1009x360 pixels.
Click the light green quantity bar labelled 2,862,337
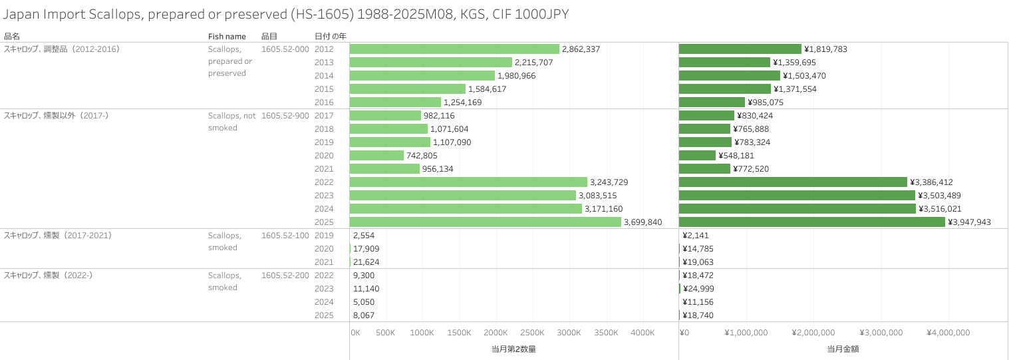(454, 49)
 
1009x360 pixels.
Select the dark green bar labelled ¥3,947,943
(811, 222)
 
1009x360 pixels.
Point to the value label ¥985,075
(771, 102)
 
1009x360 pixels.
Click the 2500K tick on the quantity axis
(532, 333)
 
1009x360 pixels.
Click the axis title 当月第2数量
(509, 349)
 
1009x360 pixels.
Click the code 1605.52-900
(285, 116)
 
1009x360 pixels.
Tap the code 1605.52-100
(285, 236)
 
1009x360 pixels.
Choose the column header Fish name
(227, 36)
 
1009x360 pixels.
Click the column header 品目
(269, 36)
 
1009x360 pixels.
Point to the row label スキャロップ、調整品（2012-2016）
(62, 49)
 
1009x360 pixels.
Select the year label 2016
(324, 102)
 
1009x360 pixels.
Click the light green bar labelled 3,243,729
(468, 182)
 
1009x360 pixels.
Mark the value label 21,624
(366, 262)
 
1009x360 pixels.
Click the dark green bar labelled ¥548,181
(697, 156)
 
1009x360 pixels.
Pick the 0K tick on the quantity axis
(356, 333)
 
